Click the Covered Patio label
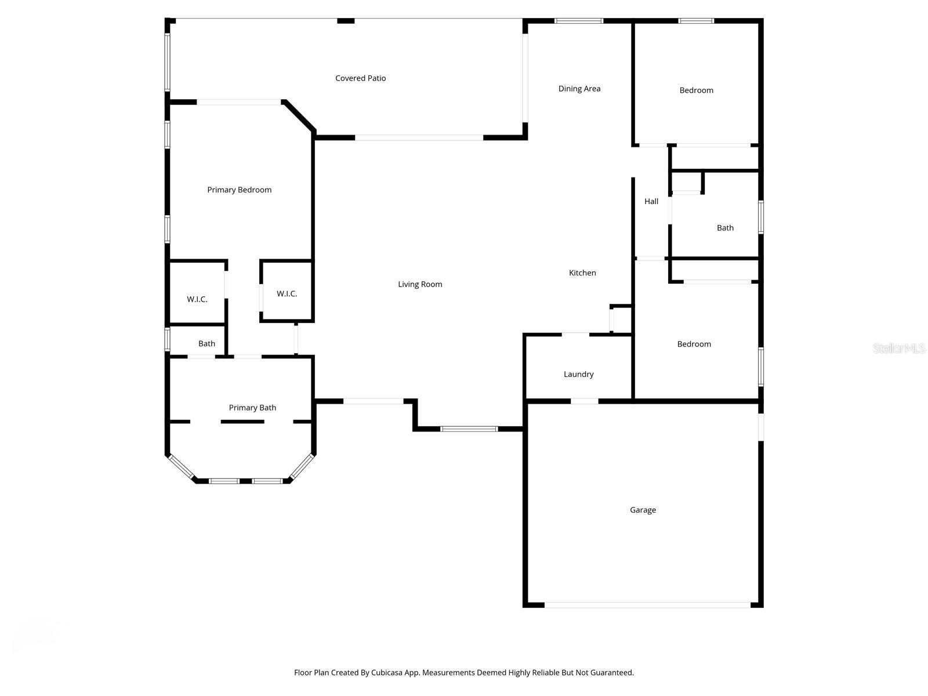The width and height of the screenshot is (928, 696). coord(360,78)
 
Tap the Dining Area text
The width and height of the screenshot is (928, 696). coord(579,89)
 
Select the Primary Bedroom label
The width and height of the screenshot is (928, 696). coord(239,190)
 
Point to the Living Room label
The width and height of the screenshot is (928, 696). coord(420,284)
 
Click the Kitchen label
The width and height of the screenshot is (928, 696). coord(582,273)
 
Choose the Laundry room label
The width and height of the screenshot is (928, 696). coord(578,374)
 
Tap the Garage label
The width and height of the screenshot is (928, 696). coord(643,510)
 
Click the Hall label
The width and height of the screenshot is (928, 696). coord(651,201)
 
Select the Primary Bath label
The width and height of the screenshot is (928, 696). coord(252,408)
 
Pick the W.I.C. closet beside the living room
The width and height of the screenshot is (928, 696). coord(287,294)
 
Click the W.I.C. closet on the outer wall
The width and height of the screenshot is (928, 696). coord(197,299)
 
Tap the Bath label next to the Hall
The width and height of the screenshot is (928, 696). coord(725,228)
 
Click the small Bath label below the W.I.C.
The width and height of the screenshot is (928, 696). coord(206,343)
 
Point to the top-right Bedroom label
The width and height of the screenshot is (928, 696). coord(696,90)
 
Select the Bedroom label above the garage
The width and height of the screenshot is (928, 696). coord(694,344)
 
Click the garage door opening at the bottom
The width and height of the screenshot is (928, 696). coord(647,605)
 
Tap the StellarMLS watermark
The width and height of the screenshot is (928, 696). coord(898,348)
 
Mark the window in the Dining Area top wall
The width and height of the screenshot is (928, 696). coord(578,21)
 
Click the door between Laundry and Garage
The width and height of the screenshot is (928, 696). coord(584,401)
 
